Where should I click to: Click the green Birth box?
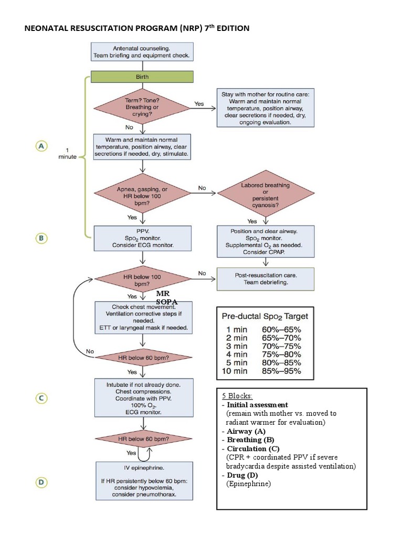coord(142,77)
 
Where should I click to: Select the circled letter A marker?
coord(42,146)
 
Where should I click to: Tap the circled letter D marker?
coord(42,481)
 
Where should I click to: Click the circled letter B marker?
coord(42,238)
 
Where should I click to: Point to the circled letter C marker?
coord(42,398)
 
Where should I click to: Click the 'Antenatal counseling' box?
coord(142,51)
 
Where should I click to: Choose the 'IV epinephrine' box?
coord(142,481)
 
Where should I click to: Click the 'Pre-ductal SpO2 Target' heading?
coord(265,316)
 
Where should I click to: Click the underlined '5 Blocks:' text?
coord(237,396)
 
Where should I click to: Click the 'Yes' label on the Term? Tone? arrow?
coord(199,104)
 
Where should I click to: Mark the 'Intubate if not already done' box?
coord(142,398)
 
